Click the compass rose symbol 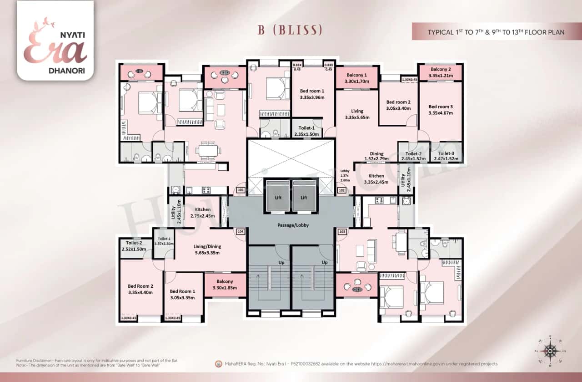[x=551, y=351]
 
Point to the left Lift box [x=277, y=197]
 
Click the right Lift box [x=304, y=197]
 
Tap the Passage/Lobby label [x=291, y=225]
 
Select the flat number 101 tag [x=241, y=190]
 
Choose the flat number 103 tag [x=342, y=232]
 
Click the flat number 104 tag [x=241, y=232]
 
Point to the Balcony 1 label [x=356, y=78]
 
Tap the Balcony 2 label [x=441, y=72]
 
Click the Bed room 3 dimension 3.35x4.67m [x=441, y=113]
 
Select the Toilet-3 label [x=446, y=156]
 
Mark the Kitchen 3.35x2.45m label [x=376, y=179]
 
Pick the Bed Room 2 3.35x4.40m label [x=140, y=289]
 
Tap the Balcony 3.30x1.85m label [x=225, y=285]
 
